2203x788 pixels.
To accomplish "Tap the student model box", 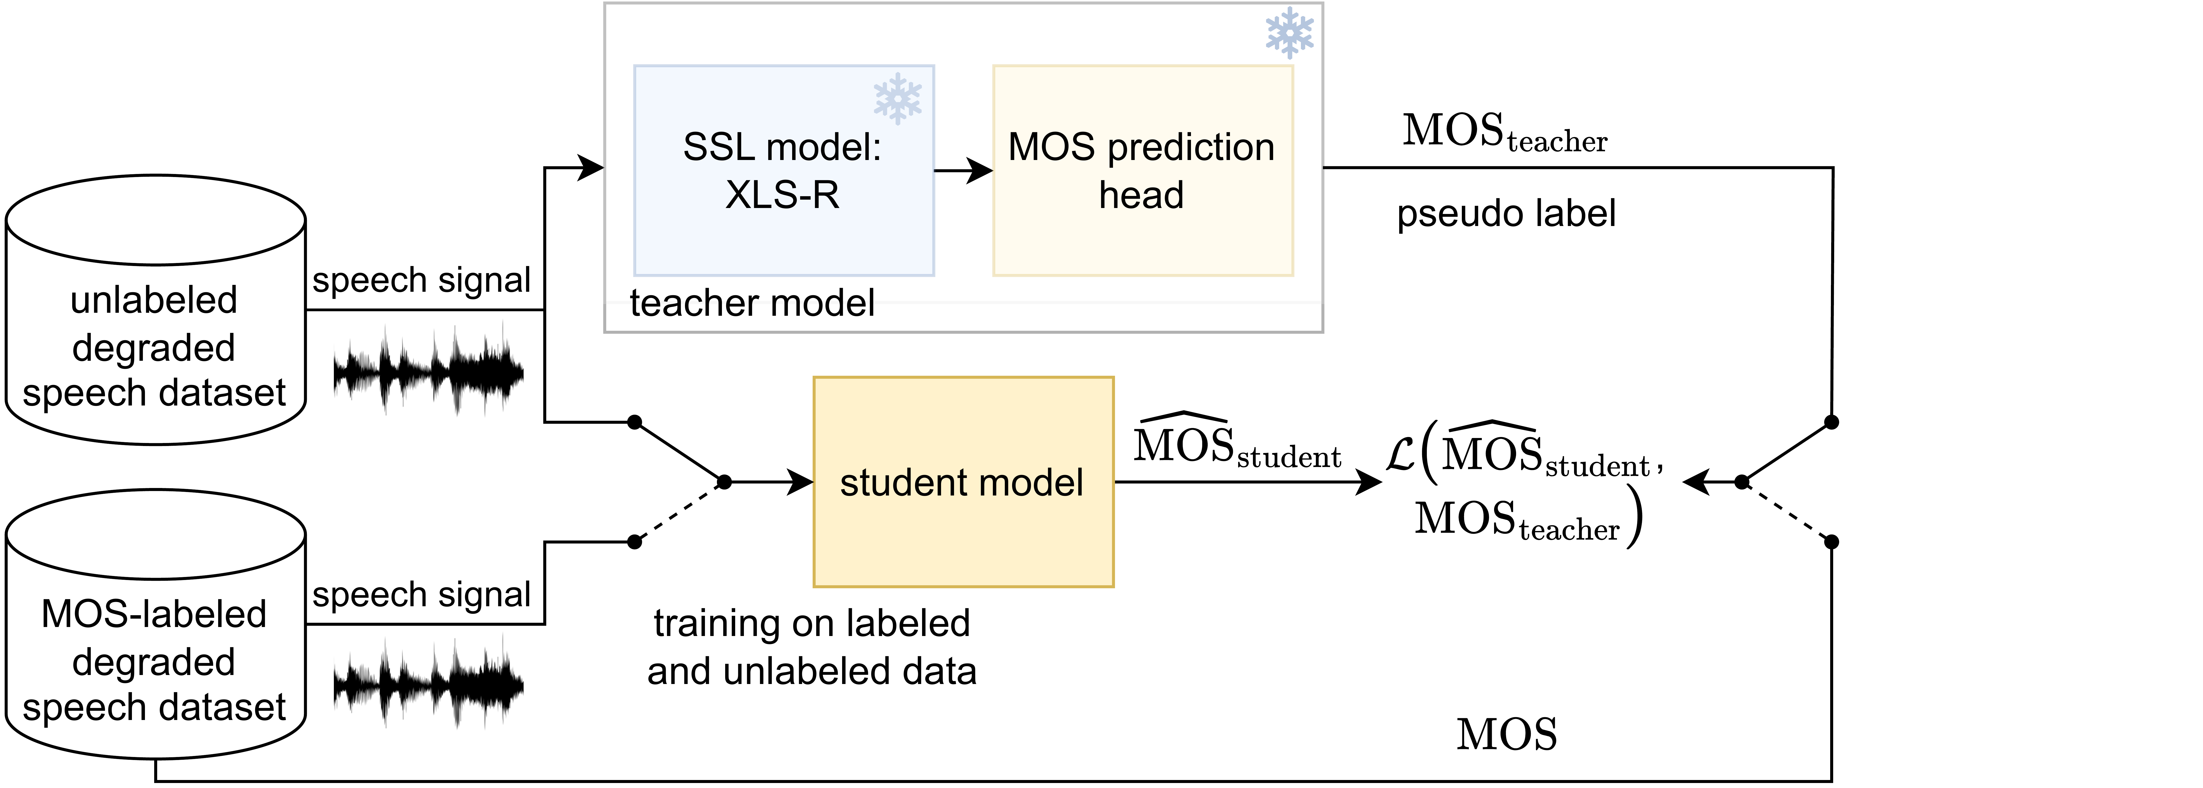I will (963, 482).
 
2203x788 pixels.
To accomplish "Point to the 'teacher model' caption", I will (752, 303).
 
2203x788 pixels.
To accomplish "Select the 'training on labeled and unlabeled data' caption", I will (812, 647).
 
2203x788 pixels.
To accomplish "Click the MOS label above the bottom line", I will (1506, 734).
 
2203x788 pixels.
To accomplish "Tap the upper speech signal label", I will (421, 280).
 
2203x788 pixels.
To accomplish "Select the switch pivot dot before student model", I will (723, 482).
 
